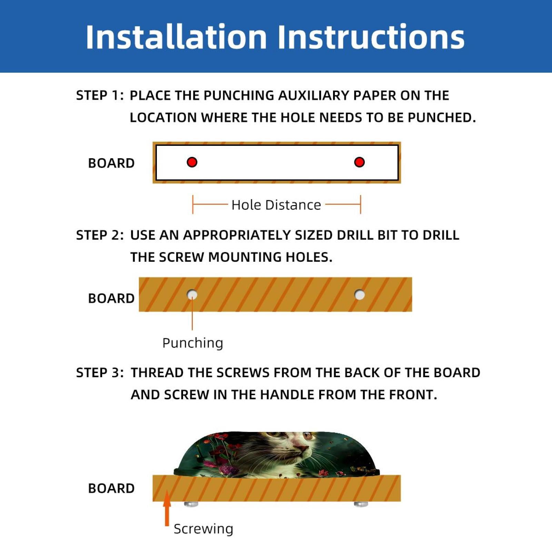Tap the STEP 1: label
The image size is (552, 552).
point(100,96)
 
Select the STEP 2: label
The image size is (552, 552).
point(100,235)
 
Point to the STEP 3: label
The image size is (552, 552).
point(100,373)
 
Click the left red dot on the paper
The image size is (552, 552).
point(192,162)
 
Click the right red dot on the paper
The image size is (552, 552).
point(359,162)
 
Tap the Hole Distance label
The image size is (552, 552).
point(276,205)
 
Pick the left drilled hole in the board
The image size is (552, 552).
point(192,295)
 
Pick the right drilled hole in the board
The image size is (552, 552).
point(360,295)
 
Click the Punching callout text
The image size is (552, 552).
point(193,343)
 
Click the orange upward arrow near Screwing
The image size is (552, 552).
point(167,508)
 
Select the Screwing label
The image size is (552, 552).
point(203,529)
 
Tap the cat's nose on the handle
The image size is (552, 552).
point(301,448)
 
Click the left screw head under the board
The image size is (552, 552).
point(191,504)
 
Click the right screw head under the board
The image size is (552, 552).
point(361,504)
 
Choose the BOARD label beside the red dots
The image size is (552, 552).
point(111,163)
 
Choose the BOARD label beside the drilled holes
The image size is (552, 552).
point(111,298)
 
